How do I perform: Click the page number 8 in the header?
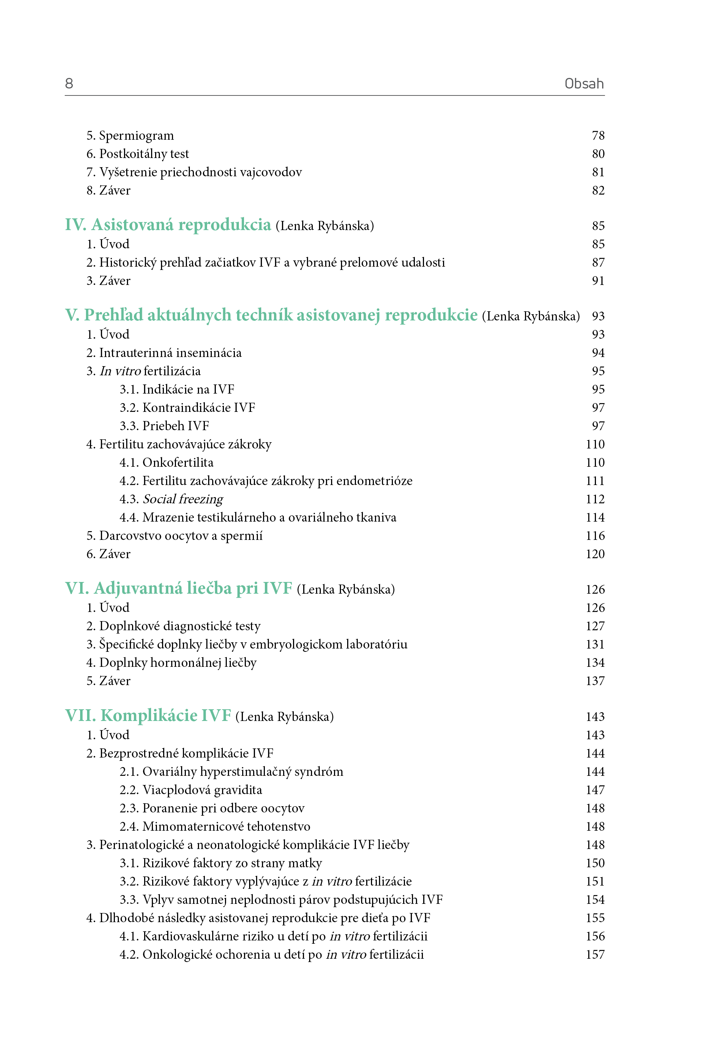(69, 83)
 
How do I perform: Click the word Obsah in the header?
(584, 83)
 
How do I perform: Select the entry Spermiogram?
(136, 135)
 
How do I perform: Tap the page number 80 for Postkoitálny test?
(598, 154)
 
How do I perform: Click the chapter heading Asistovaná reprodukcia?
(181, 225)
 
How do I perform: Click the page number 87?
(598, 263)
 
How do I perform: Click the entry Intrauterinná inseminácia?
(170, 353)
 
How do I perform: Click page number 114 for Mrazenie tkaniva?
(595, 518)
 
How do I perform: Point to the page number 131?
(595, 645)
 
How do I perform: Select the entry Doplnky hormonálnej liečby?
(177, 663)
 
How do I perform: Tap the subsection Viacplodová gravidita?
(202, 790)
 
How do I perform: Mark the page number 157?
(595, 954)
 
